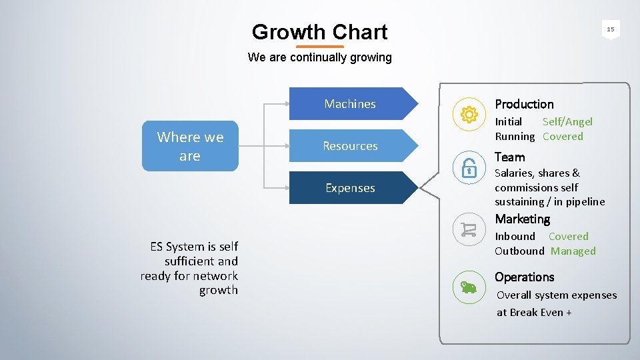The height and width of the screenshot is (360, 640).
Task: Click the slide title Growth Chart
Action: tap(319, 32)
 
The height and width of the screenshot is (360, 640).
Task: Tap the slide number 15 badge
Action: tap(610, 29)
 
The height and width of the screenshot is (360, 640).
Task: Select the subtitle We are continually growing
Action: tap(319, 57)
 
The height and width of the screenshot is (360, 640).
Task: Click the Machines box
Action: tap(350, 104)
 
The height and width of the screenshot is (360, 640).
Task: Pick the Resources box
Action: tap(350, 146)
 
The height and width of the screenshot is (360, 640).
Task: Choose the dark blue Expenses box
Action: tap(350, 188)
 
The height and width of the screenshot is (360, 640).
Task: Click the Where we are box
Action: tap(190, 146)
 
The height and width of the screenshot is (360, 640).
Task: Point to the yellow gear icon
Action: tap(469, 115)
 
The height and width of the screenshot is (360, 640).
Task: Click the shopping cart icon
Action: tap(469, 230)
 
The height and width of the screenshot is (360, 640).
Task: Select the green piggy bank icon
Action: tap(469, 287)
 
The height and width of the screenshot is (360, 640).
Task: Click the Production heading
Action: tap(524, 104)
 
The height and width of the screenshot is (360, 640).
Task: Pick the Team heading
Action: tap(509, 157)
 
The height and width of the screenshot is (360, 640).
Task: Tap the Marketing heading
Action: tap(522, 219)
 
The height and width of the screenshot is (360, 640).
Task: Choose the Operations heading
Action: tap(524, 277)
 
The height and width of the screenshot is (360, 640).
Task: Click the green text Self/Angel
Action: tap(567, 121)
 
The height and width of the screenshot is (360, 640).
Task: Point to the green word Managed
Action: tap(573, 251)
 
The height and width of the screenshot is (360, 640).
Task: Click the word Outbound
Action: tap(519, 251)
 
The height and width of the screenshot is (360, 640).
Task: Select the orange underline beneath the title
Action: tap(319, 47)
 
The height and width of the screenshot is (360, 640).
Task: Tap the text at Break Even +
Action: tap(534, 313)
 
